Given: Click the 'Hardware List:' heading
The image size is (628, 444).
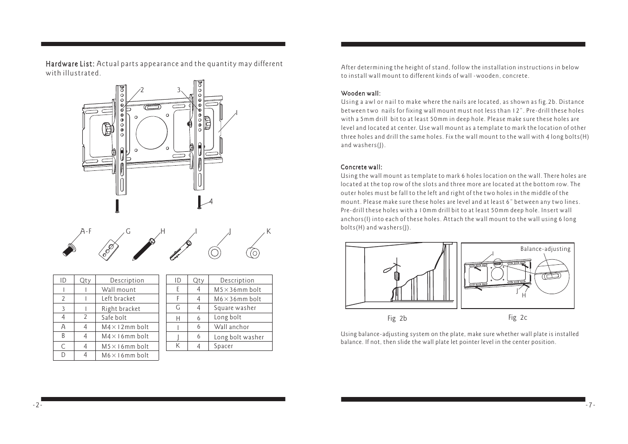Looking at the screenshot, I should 70,64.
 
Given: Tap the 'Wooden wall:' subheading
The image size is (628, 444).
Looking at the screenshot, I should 361,93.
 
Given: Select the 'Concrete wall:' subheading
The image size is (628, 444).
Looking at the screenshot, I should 361,167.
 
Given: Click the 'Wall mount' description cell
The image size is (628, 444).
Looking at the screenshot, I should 119,289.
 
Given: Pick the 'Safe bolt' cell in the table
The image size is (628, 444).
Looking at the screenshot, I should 114,318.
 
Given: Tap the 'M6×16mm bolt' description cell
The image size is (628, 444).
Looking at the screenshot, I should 125,356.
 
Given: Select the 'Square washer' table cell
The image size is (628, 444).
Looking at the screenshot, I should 235,308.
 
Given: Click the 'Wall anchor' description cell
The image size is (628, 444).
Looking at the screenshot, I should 231,327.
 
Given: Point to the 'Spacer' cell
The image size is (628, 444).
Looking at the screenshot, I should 223,346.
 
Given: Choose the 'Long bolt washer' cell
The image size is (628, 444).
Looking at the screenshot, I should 239,337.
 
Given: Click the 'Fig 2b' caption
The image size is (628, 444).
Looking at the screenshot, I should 397,319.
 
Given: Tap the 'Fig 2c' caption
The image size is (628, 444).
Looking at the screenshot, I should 517,318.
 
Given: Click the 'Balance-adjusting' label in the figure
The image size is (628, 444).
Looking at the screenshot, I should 545,249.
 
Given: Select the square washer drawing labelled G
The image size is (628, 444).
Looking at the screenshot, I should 108,249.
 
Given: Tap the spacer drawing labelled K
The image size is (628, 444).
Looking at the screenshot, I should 252,252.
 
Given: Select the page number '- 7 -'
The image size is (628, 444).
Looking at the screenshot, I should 590,405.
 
